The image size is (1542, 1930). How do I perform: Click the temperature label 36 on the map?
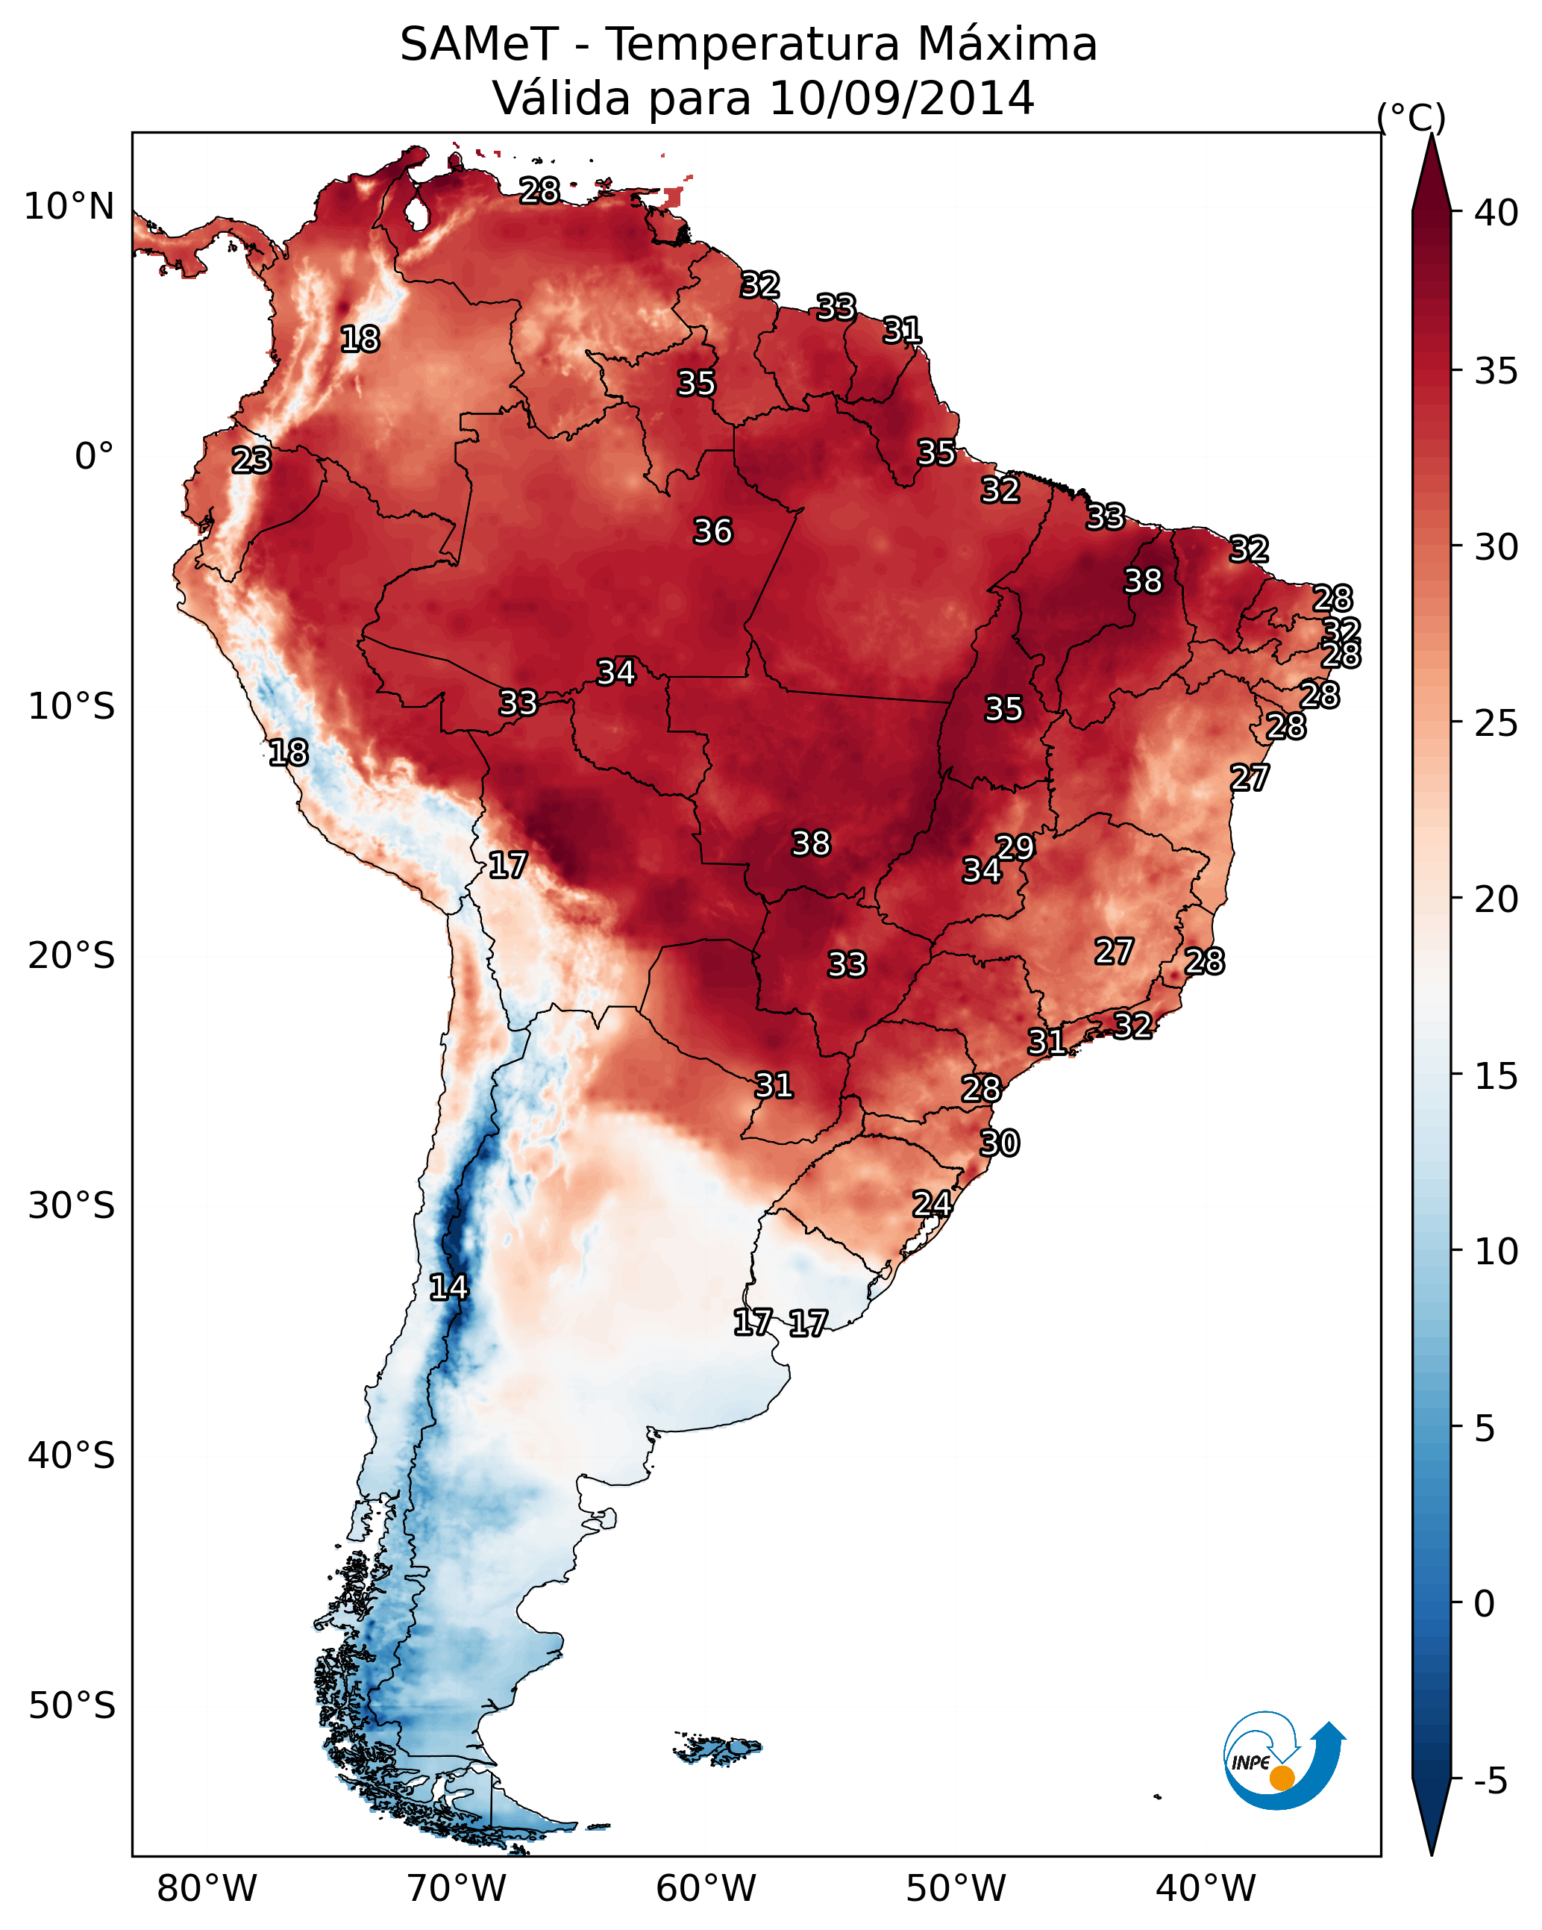pyautogui.click(x=712, y=531)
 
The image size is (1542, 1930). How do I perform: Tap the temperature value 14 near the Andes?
pyautogui.click(x=448, y=1287)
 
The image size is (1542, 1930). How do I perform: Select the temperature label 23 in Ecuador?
pyautogui.click(x=251, y=460)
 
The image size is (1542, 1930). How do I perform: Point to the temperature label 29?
pyautogui.click(x=1015, y=847)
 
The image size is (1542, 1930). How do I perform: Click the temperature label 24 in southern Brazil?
pyautogui.click(x=932, y=1203)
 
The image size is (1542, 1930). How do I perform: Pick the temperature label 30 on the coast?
pyautogui.click(x=1000, y=1143)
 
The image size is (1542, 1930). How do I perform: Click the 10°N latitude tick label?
pyautogui.click(x=69, y=207)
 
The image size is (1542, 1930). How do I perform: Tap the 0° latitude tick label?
pyautogui.click(x=94, y=457)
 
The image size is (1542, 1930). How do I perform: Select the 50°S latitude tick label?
pyautogui.click(x=72, y=1706)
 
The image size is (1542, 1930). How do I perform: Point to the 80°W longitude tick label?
pyautogui.click(x=207, y=1888)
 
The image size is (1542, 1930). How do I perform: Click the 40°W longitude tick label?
pyautogui.click(x=1206, y=1888)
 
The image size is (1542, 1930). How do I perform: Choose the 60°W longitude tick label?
pyautogui.click(x=706, y=1888)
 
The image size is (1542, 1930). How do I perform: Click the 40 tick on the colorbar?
pyautogui.click(x=1496, y=213)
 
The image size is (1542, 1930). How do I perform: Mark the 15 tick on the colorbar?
pyautogui.click(x=1496, y=1076)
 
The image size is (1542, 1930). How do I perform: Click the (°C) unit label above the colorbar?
pyautogui.click(x=1411, y=117)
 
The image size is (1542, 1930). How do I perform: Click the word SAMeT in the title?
pyautogui.click(x=479, y=45)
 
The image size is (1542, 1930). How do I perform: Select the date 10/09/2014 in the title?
pyautogui.click(x=901, y=99)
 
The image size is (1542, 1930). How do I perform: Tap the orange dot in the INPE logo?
pyautogui.click(x=1282, y=1778)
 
